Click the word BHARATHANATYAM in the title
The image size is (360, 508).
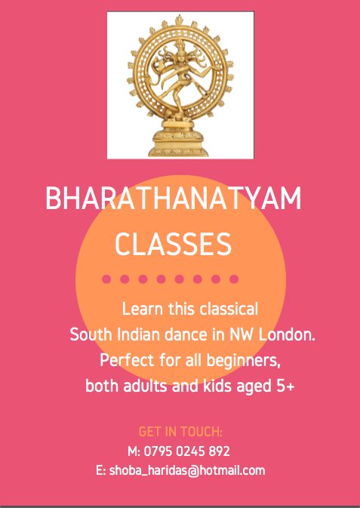tap(173, 199)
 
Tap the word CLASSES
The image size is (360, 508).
tap(172, 244)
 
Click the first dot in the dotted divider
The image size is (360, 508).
tap(106, 279)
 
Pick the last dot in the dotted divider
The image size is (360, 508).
tap(234, 279)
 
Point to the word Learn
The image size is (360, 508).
tap(142, 309)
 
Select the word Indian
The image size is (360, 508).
tap(150, 333)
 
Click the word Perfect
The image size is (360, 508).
tap(125, 357)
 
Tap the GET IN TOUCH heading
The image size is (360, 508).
tap(180, 432)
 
